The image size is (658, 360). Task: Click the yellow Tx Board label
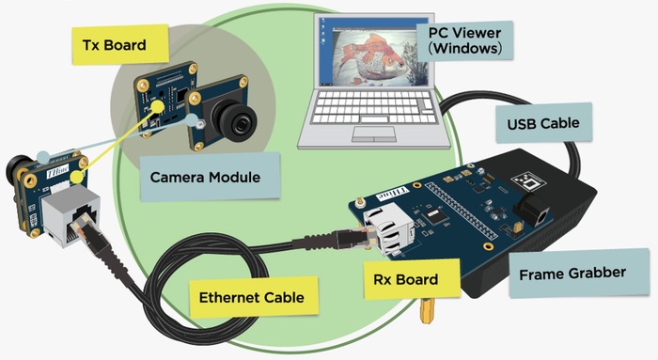pyautogui.click(x=120, y=44)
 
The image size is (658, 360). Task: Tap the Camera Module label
pyautogui.click(x=210, y=177)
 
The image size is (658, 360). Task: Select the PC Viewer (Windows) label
pyautogui.click(x=465, y=40)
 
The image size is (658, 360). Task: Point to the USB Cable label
pyautogui.click(x=544, y=123)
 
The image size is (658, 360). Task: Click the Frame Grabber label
pyautogui.click(x=579, y=274)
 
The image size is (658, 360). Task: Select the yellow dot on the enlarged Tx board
pyautogui.click(x=157, y=106)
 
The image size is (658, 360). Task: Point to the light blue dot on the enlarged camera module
pyautogui.click(x=192, y=120)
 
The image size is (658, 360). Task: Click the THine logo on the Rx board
pyautogui.click(x=393, y=194)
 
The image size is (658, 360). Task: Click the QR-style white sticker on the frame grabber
pyautogui.click(x=528, y=180)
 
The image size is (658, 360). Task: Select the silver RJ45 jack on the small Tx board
pyautogui.click(x=70, y=214)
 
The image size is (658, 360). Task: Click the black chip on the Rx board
pyautogui.click(x=433, y=215)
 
